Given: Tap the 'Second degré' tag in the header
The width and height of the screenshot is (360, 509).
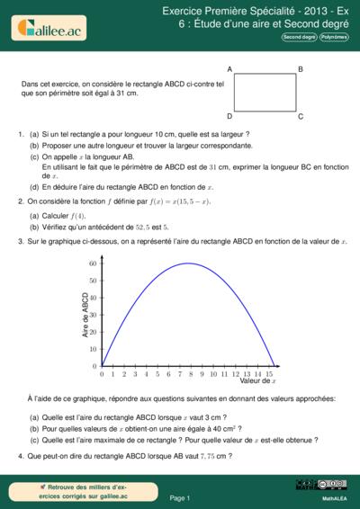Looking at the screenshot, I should point(299,38).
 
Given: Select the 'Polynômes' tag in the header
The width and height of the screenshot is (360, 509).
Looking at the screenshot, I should point(333,38).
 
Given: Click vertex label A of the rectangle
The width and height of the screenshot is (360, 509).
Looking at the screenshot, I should point(230,69).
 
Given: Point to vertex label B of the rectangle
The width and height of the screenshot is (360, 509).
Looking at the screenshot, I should point(300,69).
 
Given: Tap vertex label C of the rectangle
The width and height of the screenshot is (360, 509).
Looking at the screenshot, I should point(300,116).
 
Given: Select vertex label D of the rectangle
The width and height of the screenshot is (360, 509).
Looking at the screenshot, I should point(230,116).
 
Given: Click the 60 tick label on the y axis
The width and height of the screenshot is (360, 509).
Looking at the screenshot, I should point(93,263).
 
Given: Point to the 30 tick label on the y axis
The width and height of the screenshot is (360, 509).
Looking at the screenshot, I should point(93,315).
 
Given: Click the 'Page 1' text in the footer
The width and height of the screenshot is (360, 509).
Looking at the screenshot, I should point(180,496).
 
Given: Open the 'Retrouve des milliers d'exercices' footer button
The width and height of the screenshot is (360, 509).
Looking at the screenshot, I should point(72,490).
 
